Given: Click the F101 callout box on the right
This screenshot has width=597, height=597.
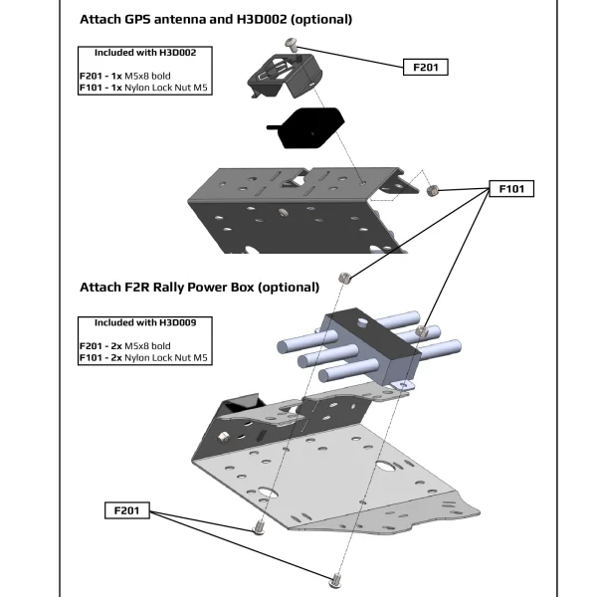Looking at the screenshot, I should click(510, 188).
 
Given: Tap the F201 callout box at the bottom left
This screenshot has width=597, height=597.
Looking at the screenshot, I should click(126, 510).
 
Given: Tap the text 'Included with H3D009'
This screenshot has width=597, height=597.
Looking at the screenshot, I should click(145, 323).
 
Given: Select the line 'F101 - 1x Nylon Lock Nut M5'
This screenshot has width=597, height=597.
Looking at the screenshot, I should click(145, 88).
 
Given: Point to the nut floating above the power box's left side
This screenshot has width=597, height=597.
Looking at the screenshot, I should click(341, 278).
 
